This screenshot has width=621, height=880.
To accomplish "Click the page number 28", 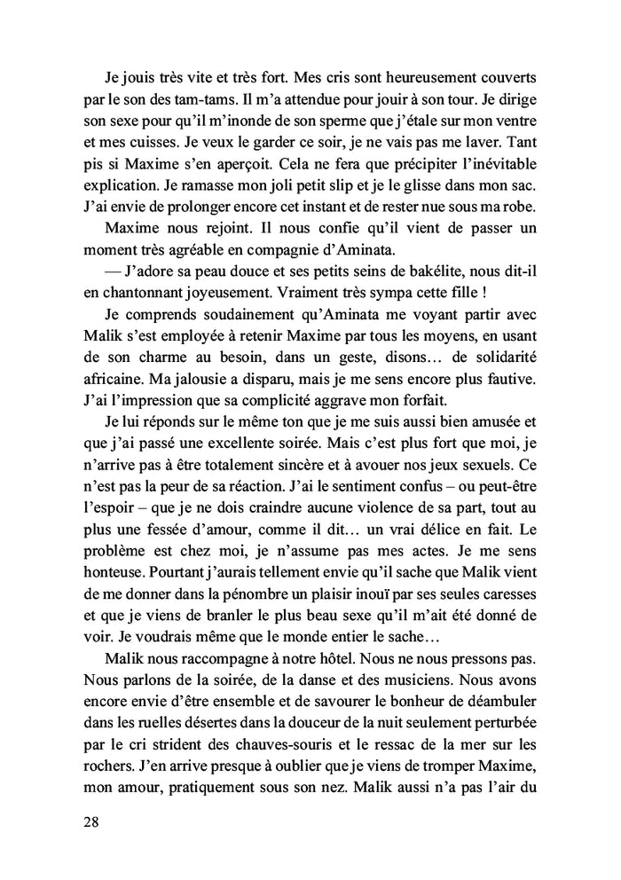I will pyautogui.click(x=91, y=821).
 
